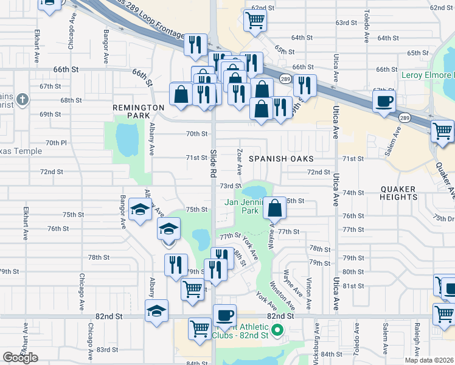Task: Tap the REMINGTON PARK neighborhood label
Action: coord(139,111)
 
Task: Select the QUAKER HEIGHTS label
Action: coord(398,193)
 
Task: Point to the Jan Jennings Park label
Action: coord(245,206)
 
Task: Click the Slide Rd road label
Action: coord(214,164)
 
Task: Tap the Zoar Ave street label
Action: coord(240,161)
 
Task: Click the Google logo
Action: coord(20,358)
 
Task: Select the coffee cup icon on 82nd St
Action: coord(224,315)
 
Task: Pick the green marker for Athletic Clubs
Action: coord(277,332)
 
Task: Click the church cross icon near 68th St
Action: coord(23,99)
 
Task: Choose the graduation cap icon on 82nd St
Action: coord(156,310)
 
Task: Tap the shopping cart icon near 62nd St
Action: coord(255,20)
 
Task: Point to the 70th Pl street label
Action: coord(55,142)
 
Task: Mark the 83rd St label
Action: coord(106,350)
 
